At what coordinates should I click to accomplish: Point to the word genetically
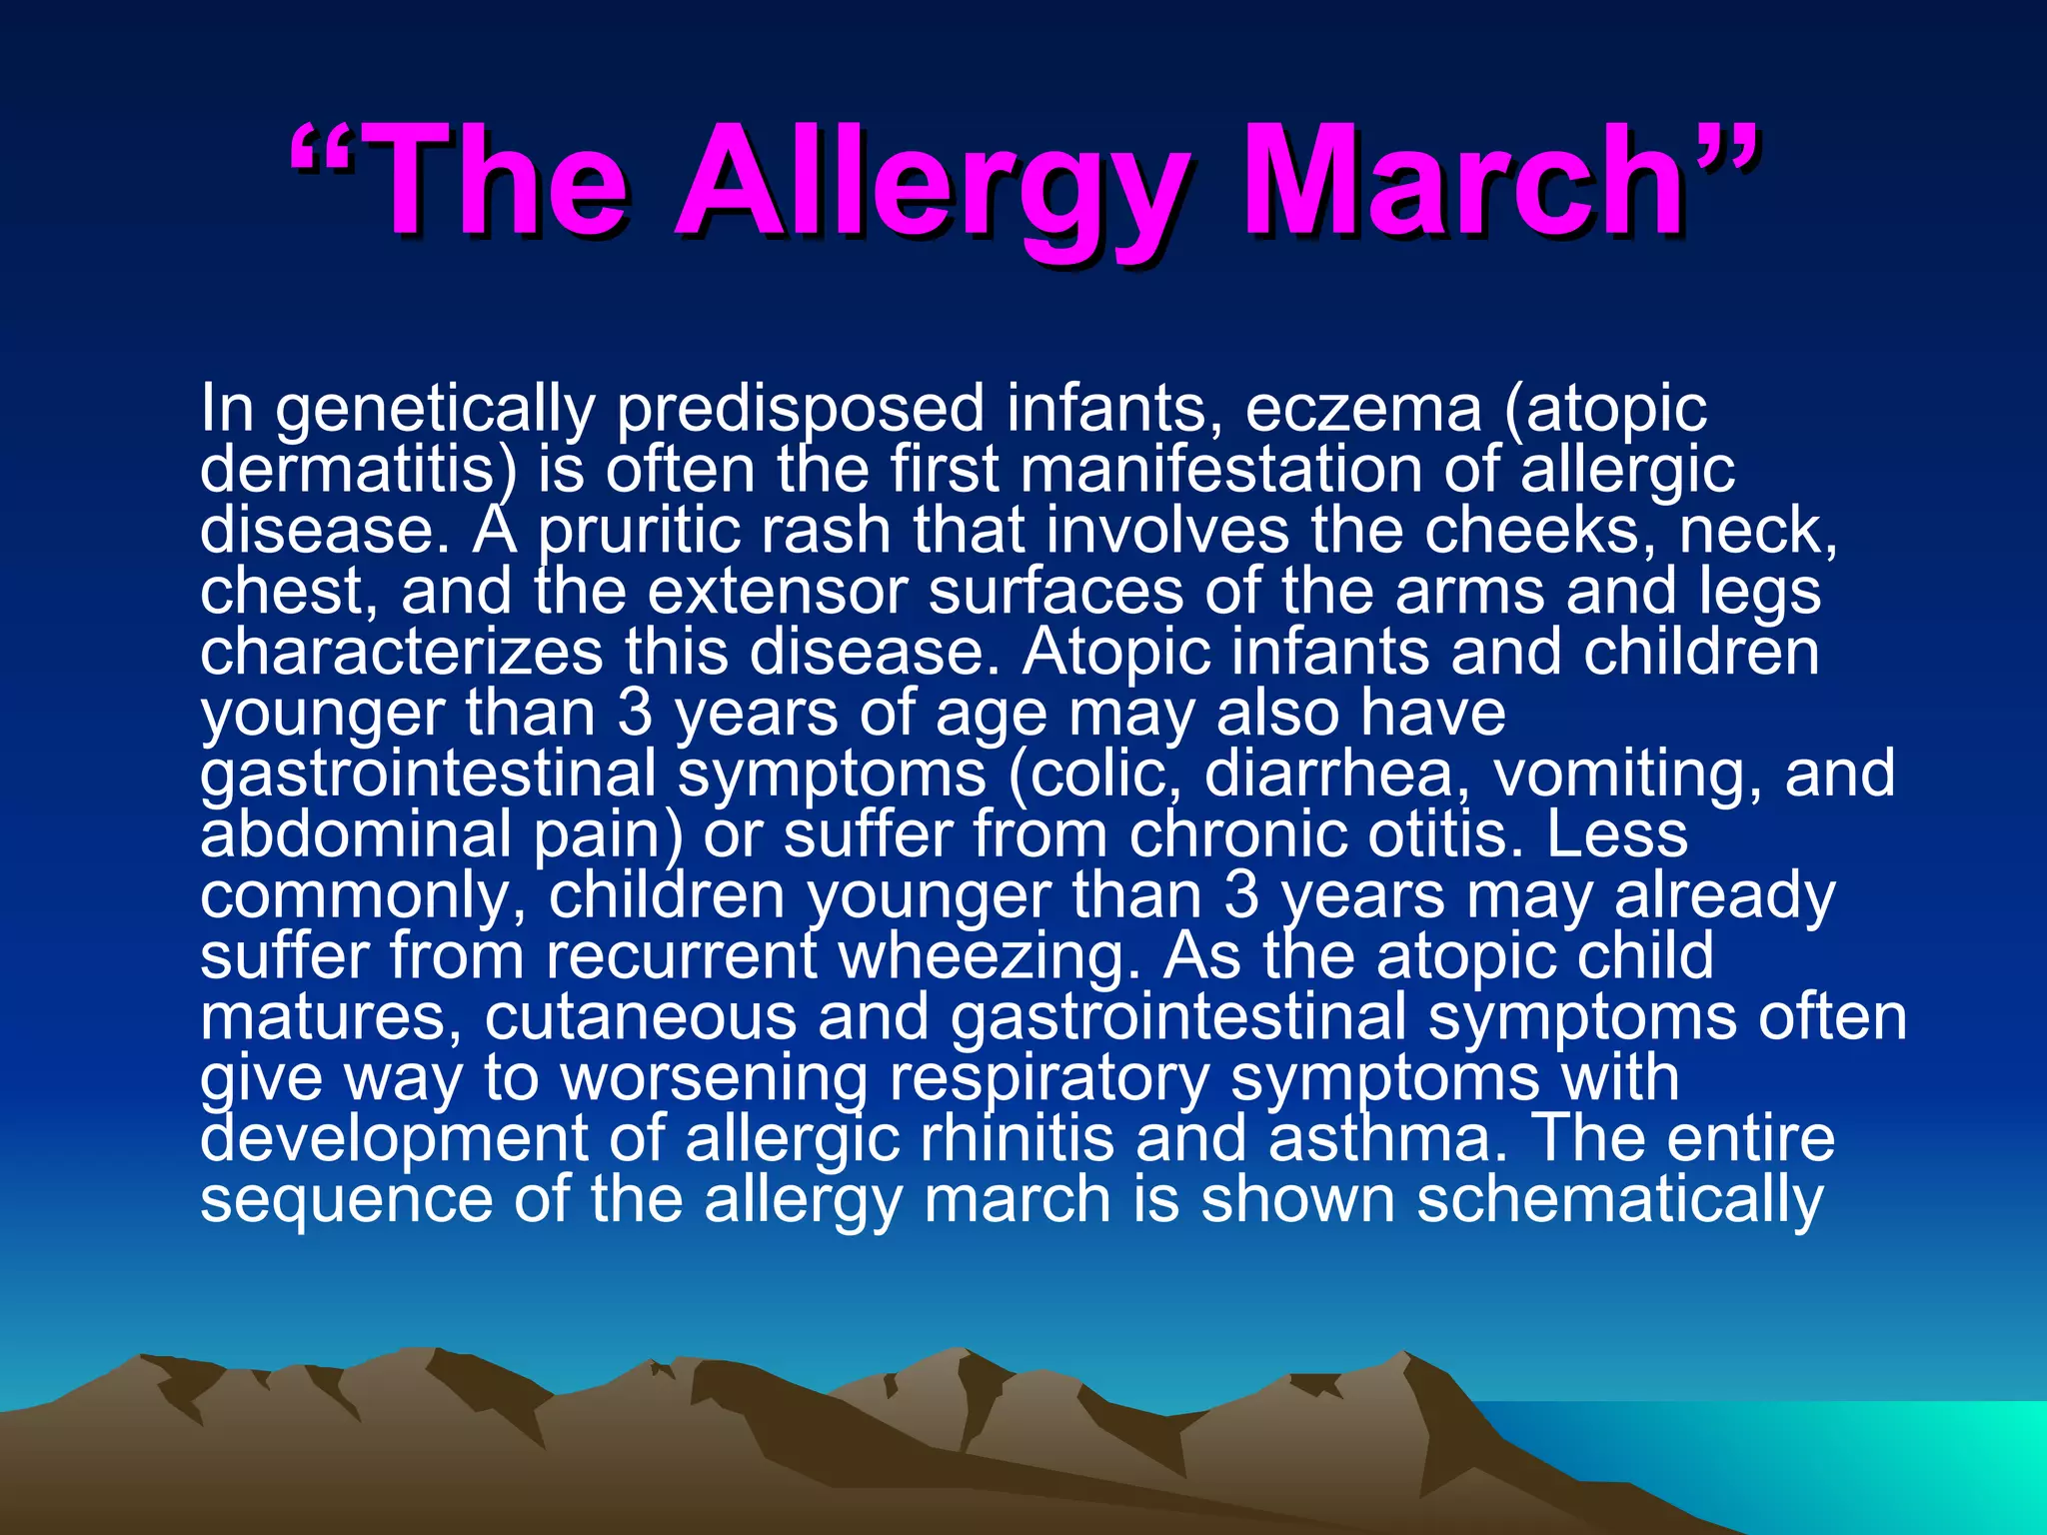[x=435, y=410]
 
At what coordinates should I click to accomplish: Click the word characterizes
[x=401, y=652]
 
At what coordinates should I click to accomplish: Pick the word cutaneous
[x=641, y=1017]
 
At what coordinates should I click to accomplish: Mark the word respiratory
[x=1049, y=1078]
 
